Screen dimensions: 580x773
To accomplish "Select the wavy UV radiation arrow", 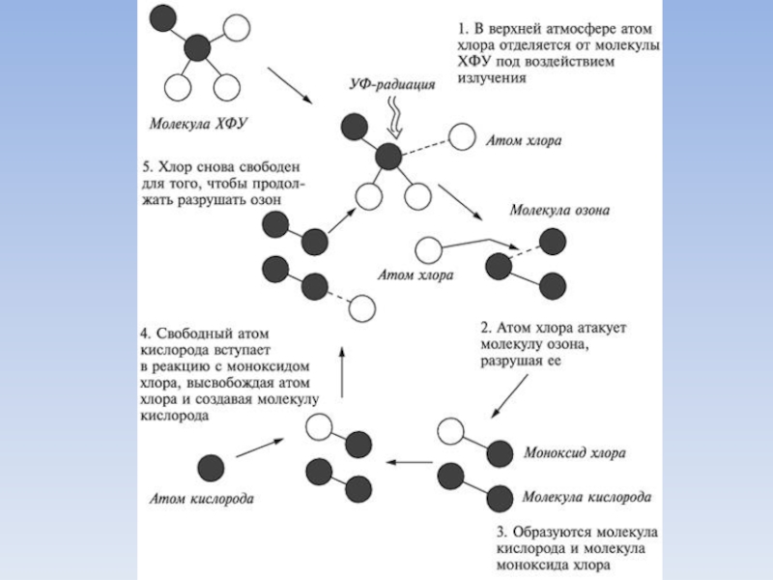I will (x=395, y=121).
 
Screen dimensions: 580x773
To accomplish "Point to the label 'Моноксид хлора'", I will (x=574, y=452).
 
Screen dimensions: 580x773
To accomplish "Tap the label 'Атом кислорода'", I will (x=201, y=500).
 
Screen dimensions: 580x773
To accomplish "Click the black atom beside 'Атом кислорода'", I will (x=211, y=467).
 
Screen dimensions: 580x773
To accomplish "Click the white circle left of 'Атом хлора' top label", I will (x=462, y=136).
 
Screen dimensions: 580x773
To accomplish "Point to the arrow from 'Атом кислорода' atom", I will (x=260, y=448).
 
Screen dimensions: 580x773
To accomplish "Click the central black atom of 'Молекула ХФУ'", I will (x=197, y=47).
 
